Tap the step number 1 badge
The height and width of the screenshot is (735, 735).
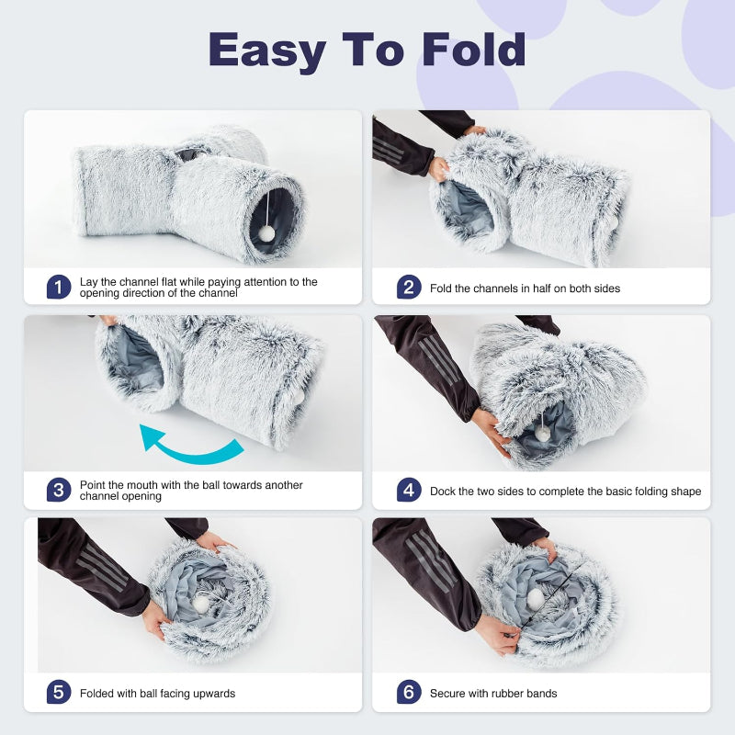coord(59,287)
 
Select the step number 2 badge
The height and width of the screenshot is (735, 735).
coord(409,288)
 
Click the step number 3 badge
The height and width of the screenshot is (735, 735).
coord(59,490)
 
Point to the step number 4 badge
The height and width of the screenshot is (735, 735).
coord(409,491)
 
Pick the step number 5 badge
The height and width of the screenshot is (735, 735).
coord(59,693)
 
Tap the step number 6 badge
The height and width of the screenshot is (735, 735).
coord(409,693)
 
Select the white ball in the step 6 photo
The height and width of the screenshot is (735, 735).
coord(535,598)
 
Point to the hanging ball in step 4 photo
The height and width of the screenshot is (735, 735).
coord(545,432)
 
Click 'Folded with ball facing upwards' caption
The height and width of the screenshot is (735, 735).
coord(157,694)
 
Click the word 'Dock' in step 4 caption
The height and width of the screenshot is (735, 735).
coord(444,492)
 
